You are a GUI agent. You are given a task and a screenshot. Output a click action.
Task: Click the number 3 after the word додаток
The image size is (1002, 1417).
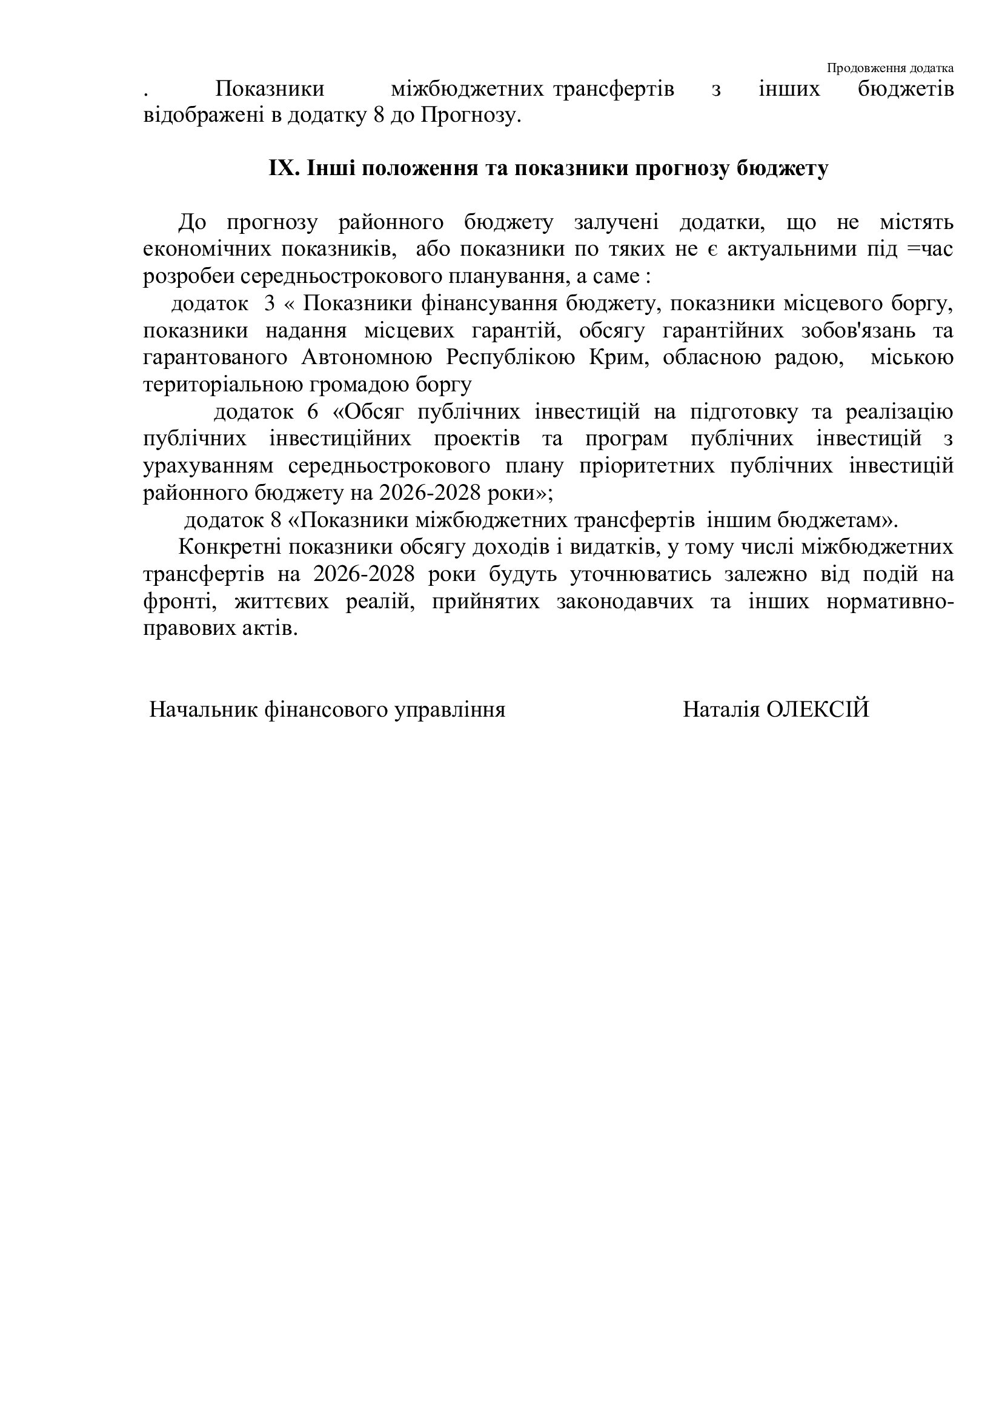tap(270, 304)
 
